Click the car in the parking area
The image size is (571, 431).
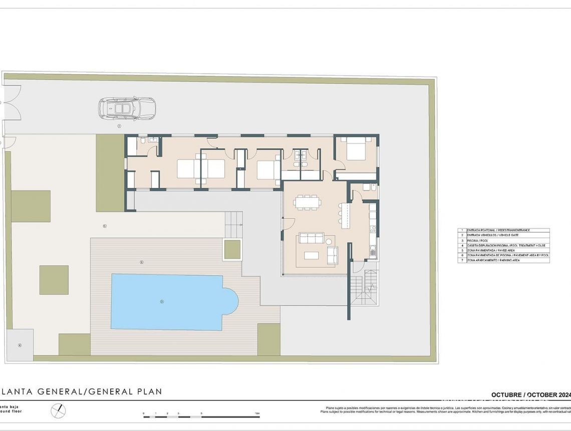[x=127, y=108]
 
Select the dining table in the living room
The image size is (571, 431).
[x=307, y=202]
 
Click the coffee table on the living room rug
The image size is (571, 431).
[x=311, y=255]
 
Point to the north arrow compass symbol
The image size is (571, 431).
[x=58, y=411]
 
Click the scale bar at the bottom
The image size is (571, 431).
[x=201, y=416]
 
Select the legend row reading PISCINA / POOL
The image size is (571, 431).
[x=503, y=241]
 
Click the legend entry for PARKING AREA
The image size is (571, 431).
[x=503, y=261]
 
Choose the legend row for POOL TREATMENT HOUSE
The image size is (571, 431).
[x=503, y=246]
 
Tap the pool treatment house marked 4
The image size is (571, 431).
[x=20, y=345]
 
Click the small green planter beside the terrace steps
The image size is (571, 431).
[x=232, y=250]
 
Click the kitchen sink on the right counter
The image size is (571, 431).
[x=372, y=251]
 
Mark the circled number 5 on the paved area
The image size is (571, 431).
[x=105, y=226]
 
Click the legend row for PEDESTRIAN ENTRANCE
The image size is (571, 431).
[x=503, y=231]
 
